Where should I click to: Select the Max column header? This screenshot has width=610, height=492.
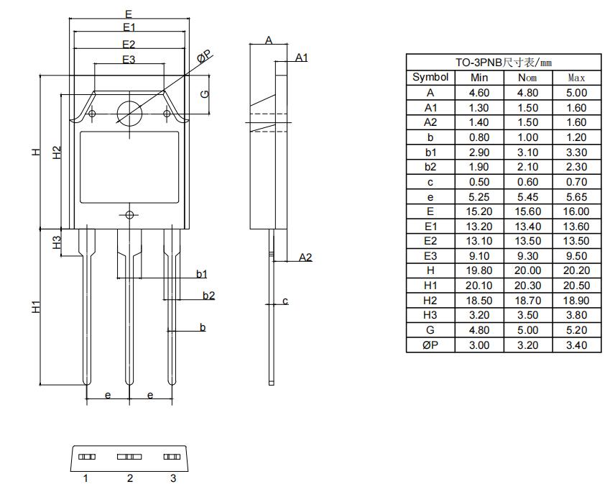tap(576, 78)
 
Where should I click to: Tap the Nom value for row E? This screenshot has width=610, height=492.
tap(528, 211)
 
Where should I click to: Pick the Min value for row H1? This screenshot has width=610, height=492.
tap(479, 286)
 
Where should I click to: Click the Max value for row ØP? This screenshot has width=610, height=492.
tap(576, 345)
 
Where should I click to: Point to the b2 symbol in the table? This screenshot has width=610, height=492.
tap(430, 167)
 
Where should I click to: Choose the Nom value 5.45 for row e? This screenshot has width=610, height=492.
tap(528, 196)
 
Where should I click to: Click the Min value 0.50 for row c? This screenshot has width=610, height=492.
tap(479, 182)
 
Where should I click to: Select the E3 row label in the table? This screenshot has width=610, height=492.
tap(430, 256)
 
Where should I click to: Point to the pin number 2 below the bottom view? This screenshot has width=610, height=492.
tap(130, 478)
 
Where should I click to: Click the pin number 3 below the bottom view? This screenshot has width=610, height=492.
tap(172, 478)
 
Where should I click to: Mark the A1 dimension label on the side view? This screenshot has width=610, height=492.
tap(302, 57)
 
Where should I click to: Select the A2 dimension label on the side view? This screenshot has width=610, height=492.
tap(305, 257)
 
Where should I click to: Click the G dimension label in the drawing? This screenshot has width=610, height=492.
tap(204, 94)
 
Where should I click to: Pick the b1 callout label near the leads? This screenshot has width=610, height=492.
tap(202, 273)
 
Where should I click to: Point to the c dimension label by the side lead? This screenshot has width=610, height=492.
tap(285, 301)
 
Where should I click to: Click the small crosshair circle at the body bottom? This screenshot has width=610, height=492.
tap(130, 215)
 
